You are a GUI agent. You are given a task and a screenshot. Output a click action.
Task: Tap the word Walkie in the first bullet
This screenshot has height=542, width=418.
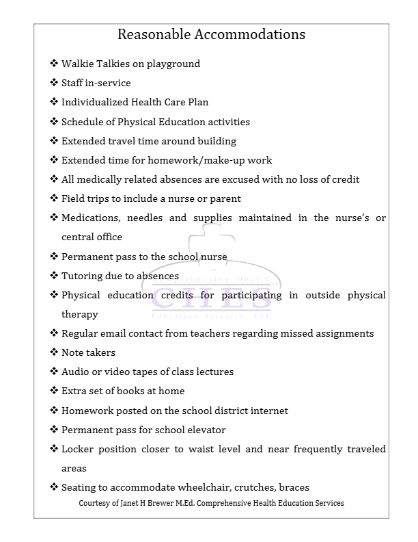pos(76,64)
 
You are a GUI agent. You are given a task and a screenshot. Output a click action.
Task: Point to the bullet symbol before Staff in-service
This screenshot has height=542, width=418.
pos(54,83)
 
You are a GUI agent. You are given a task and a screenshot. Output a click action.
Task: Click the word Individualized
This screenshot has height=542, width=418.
pos(95,102)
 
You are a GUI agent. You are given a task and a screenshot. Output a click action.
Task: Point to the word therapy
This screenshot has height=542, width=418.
pos(79,314)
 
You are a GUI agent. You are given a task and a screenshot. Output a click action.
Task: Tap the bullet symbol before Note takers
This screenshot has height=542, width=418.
pos(54,352)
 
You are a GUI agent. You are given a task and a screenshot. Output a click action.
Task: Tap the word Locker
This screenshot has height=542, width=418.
pos(76,449)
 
